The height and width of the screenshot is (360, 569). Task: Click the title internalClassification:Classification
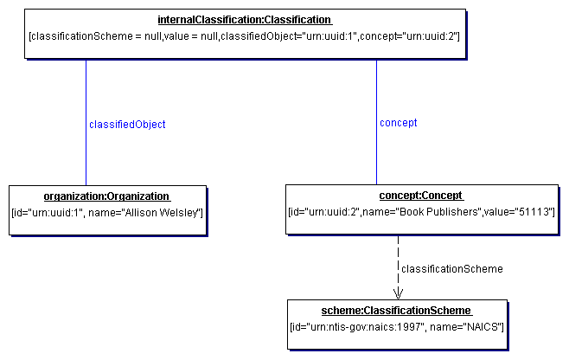(244, 20)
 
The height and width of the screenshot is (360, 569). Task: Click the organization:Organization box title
(106, 196)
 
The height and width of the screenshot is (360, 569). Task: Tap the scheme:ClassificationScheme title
(398, 311)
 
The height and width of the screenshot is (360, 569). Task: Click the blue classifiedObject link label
(127, 125)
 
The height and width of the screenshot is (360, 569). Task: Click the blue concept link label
(398, 123)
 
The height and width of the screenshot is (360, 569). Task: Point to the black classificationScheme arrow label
(452, 269)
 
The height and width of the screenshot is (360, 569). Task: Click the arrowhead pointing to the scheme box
(398, 293)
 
